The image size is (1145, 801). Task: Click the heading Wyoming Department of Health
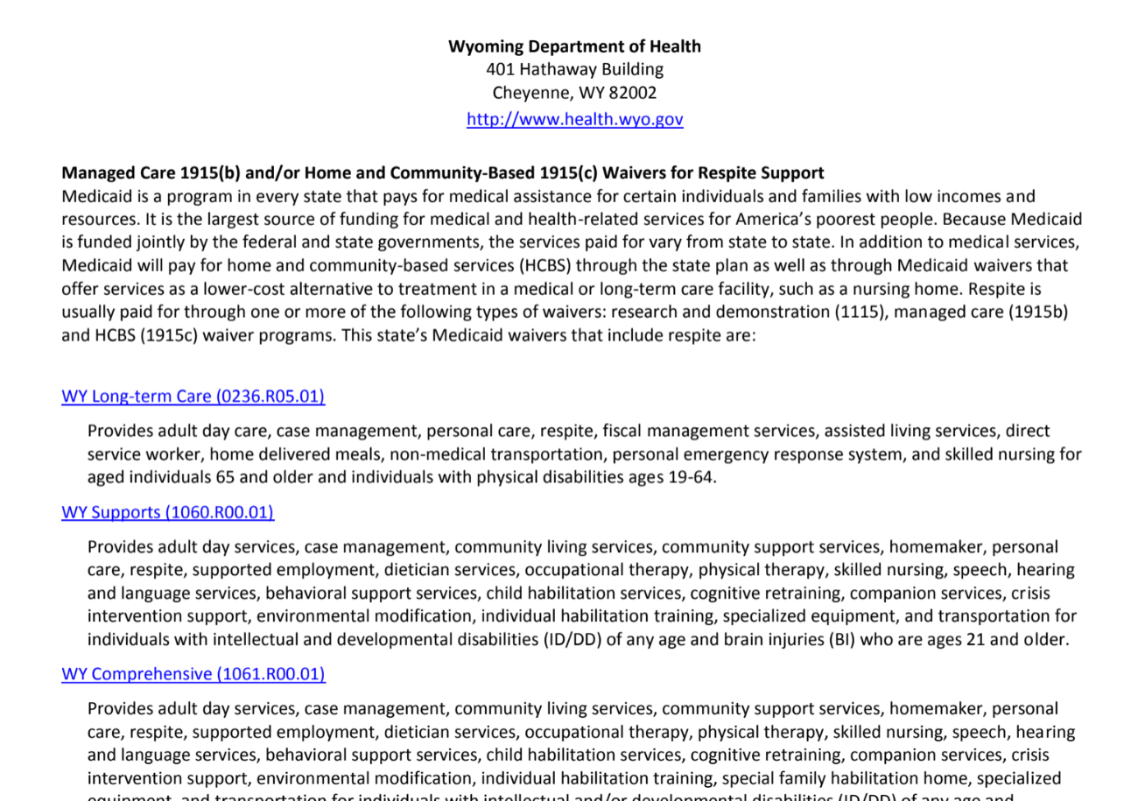click(x=574, y=46)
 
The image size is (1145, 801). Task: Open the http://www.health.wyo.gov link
click(x=574, y=119)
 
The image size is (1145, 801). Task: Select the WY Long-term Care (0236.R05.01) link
click(x=193, y=397)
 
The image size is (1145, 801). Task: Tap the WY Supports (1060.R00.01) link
click(x=167, y=512)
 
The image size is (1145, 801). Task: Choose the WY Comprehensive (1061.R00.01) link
click(x=193, y=674)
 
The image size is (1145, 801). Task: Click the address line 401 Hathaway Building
click(x=574, y=69)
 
